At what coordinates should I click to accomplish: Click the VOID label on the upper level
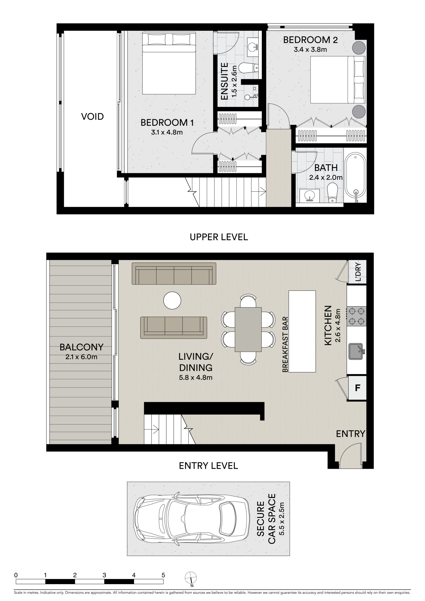(x=92, y=116)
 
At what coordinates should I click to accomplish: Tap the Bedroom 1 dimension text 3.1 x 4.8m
(x=167, y=132)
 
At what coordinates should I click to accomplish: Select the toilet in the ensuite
(x=248, y=68)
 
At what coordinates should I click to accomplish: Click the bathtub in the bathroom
(x=355, y=178)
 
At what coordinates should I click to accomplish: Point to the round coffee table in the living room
(x=172, y=300)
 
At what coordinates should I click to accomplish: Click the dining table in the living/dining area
(x=248, y=329)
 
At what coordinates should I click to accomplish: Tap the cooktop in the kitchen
(x=356, y=316)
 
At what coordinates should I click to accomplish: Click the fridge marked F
(x=357, y=388)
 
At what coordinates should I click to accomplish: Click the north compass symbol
(x=191, y=577)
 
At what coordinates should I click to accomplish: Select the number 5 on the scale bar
(x=163, y=575)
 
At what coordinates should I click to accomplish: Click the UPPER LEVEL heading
(x=219, y=237)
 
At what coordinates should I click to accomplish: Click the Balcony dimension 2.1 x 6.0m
(x=81, y=357)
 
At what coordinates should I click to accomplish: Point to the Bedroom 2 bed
(x=338, y=80)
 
